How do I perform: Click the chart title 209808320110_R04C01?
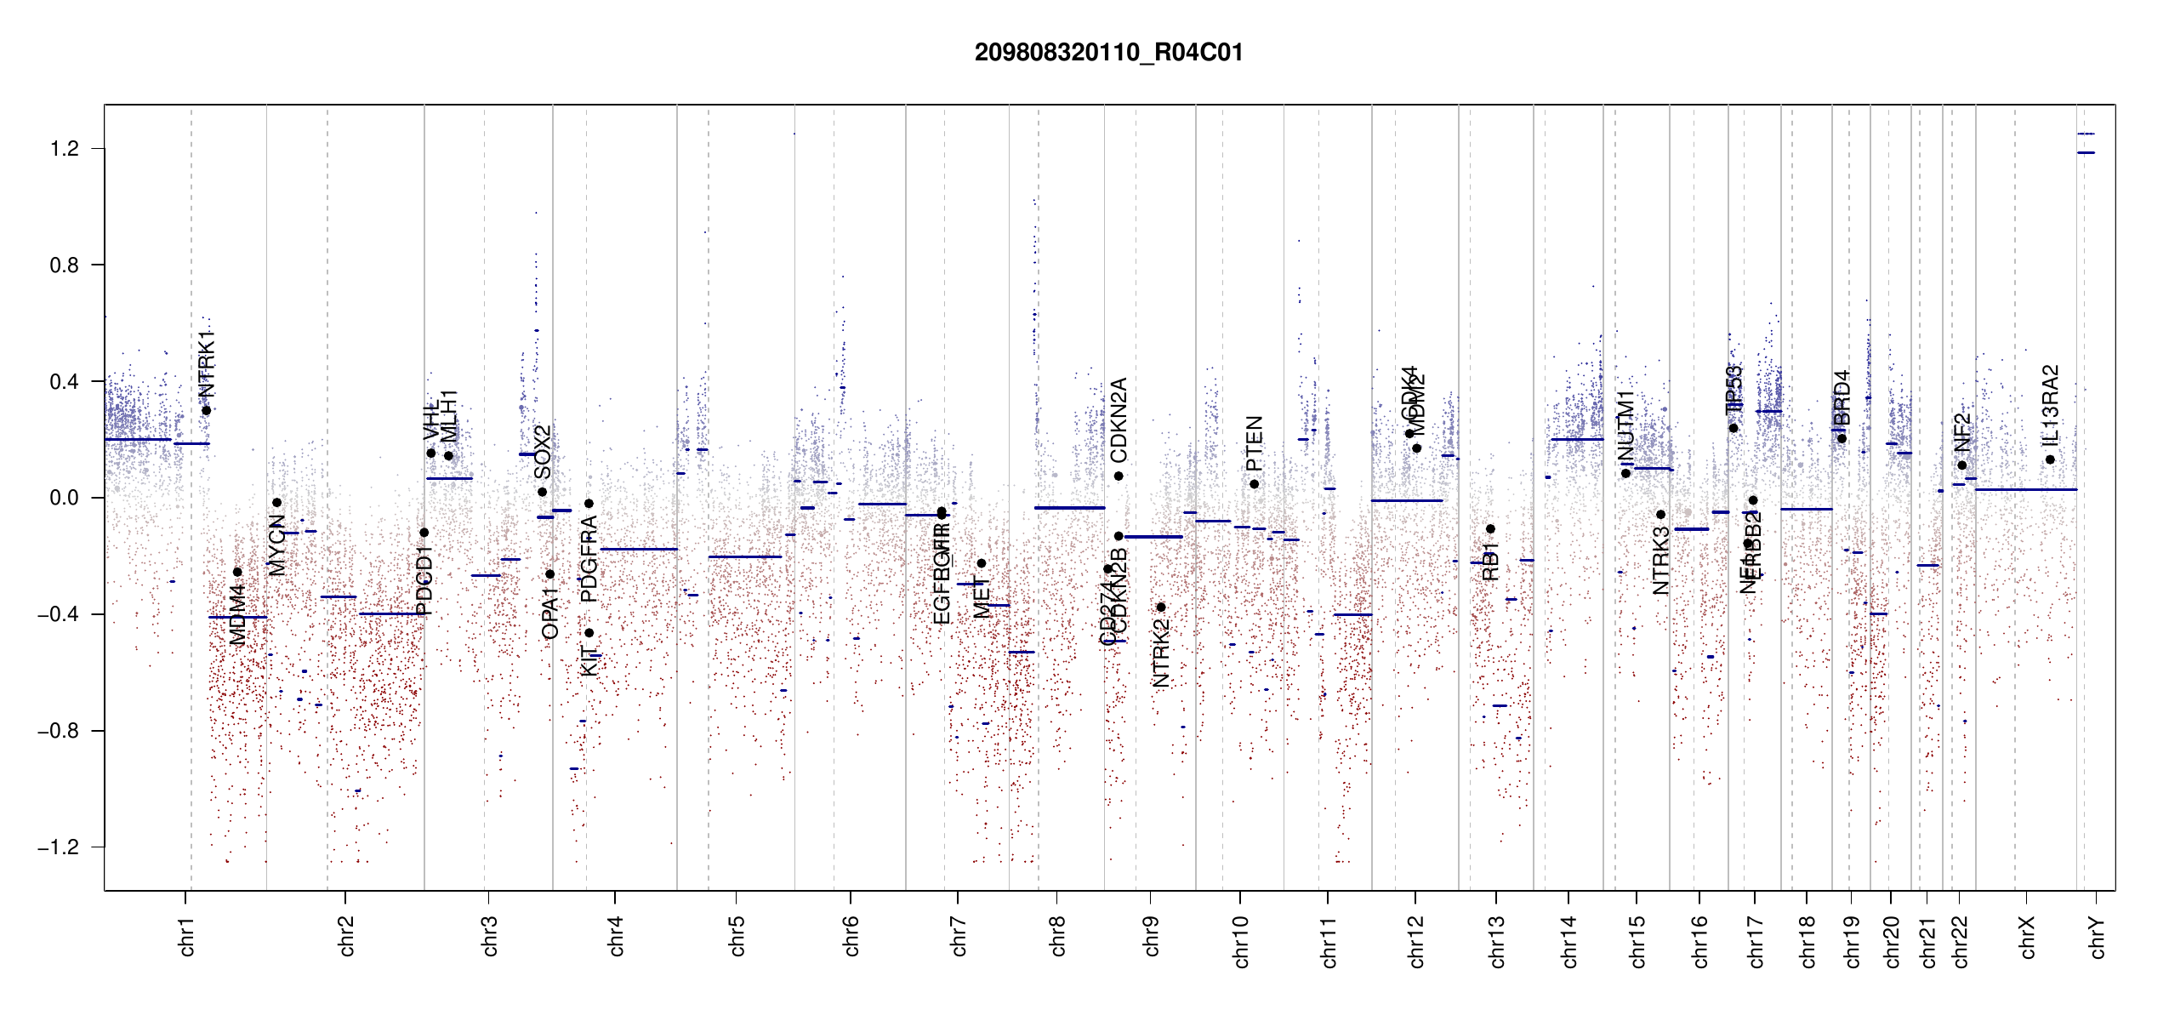pyautogui.click(x=1108, y=53)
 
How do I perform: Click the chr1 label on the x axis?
pyautogui.click(x=187, y=936)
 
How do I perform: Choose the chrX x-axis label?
pyautogui.click(x=2028, y=937)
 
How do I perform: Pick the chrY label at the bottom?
pyautogui.click(x=2098, y=937)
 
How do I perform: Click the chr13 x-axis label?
pyautogui.click(x=1497, y=941)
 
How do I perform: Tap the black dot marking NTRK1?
pyautogui.click(x=206, y=411)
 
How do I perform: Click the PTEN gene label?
pyautogui.click(x=1254, y=443)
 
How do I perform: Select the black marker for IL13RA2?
pyautogui.click(x=2050, y=459)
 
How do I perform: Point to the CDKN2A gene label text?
pyautogui.click(x=1119, y=419)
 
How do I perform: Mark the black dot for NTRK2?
pyautogui.click(x=1160, y=607)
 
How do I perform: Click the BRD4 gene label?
pyautogui.click(x=1842, y=397)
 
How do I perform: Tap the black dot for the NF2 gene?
pyautogui.click(x=1961, y=465)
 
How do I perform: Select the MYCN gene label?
pyautogui.click(x=276, y=545)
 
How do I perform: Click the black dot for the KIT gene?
pyautogui.click(x=589, y=633)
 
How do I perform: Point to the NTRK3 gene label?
pyautogui.click(x=1660, y=560)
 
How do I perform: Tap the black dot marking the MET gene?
pyautogui.click(x=981, y=563)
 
